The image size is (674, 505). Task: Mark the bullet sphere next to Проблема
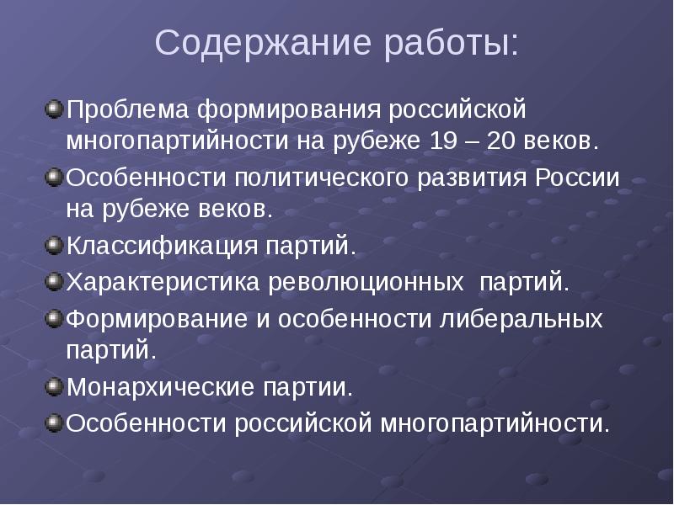pos(54,109)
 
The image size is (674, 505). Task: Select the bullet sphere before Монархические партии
pos(54,387)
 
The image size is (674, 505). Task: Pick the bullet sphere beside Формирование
pos(54,319)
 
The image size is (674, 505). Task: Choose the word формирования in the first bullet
pos(290,109)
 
